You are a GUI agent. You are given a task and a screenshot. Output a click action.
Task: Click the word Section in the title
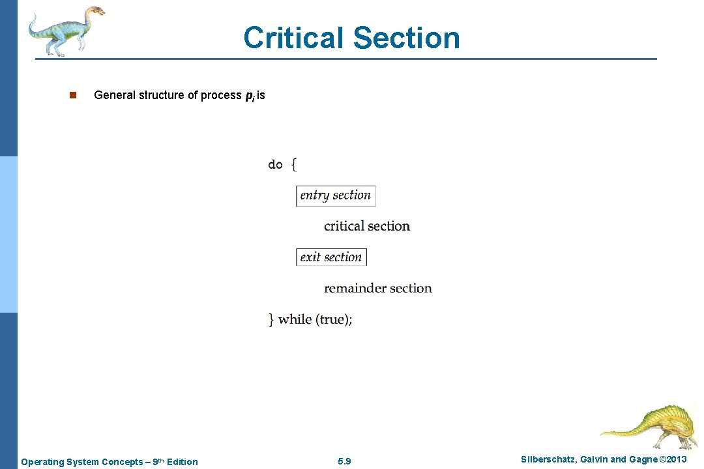407,38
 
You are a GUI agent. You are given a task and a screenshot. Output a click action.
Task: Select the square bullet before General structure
73,95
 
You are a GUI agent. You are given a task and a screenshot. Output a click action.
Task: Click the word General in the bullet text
115,95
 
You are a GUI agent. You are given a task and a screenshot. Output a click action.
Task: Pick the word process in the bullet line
221,95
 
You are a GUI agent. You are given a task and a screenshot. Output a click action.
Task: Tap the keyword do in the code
275,164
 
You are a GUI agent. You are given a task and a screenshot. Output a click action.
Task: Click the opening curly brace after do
293,164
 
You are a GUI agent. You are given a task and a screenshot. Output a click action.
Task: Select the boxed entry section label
336,195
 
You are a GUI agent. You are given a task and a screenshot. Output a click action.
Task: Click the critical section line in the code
367,226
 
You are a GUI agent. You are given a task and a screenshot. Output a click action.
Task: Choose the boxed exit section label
331,257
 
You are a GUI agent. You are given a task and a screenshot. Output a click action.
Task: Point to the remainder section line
378,288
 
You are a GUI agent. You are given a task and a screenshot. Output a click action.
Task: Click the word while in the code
295,319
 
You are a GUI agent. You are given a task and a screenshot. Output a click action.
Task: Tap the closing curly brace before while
271,319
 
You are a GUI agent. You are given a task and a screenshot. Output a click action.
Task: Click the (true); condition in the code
334,319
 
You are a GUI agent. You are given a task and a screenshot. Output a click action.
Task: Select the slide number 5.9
345,461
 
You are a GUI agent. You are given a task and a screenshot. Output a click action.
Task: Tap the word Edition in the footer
182,462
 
